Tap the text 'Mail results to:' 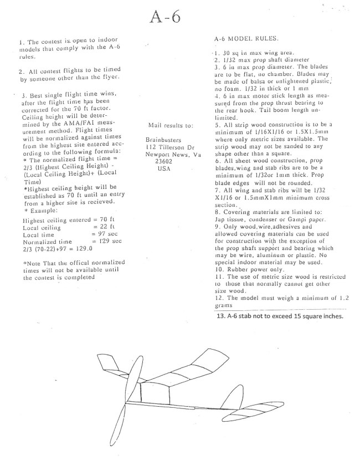(x=171, y=125)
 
